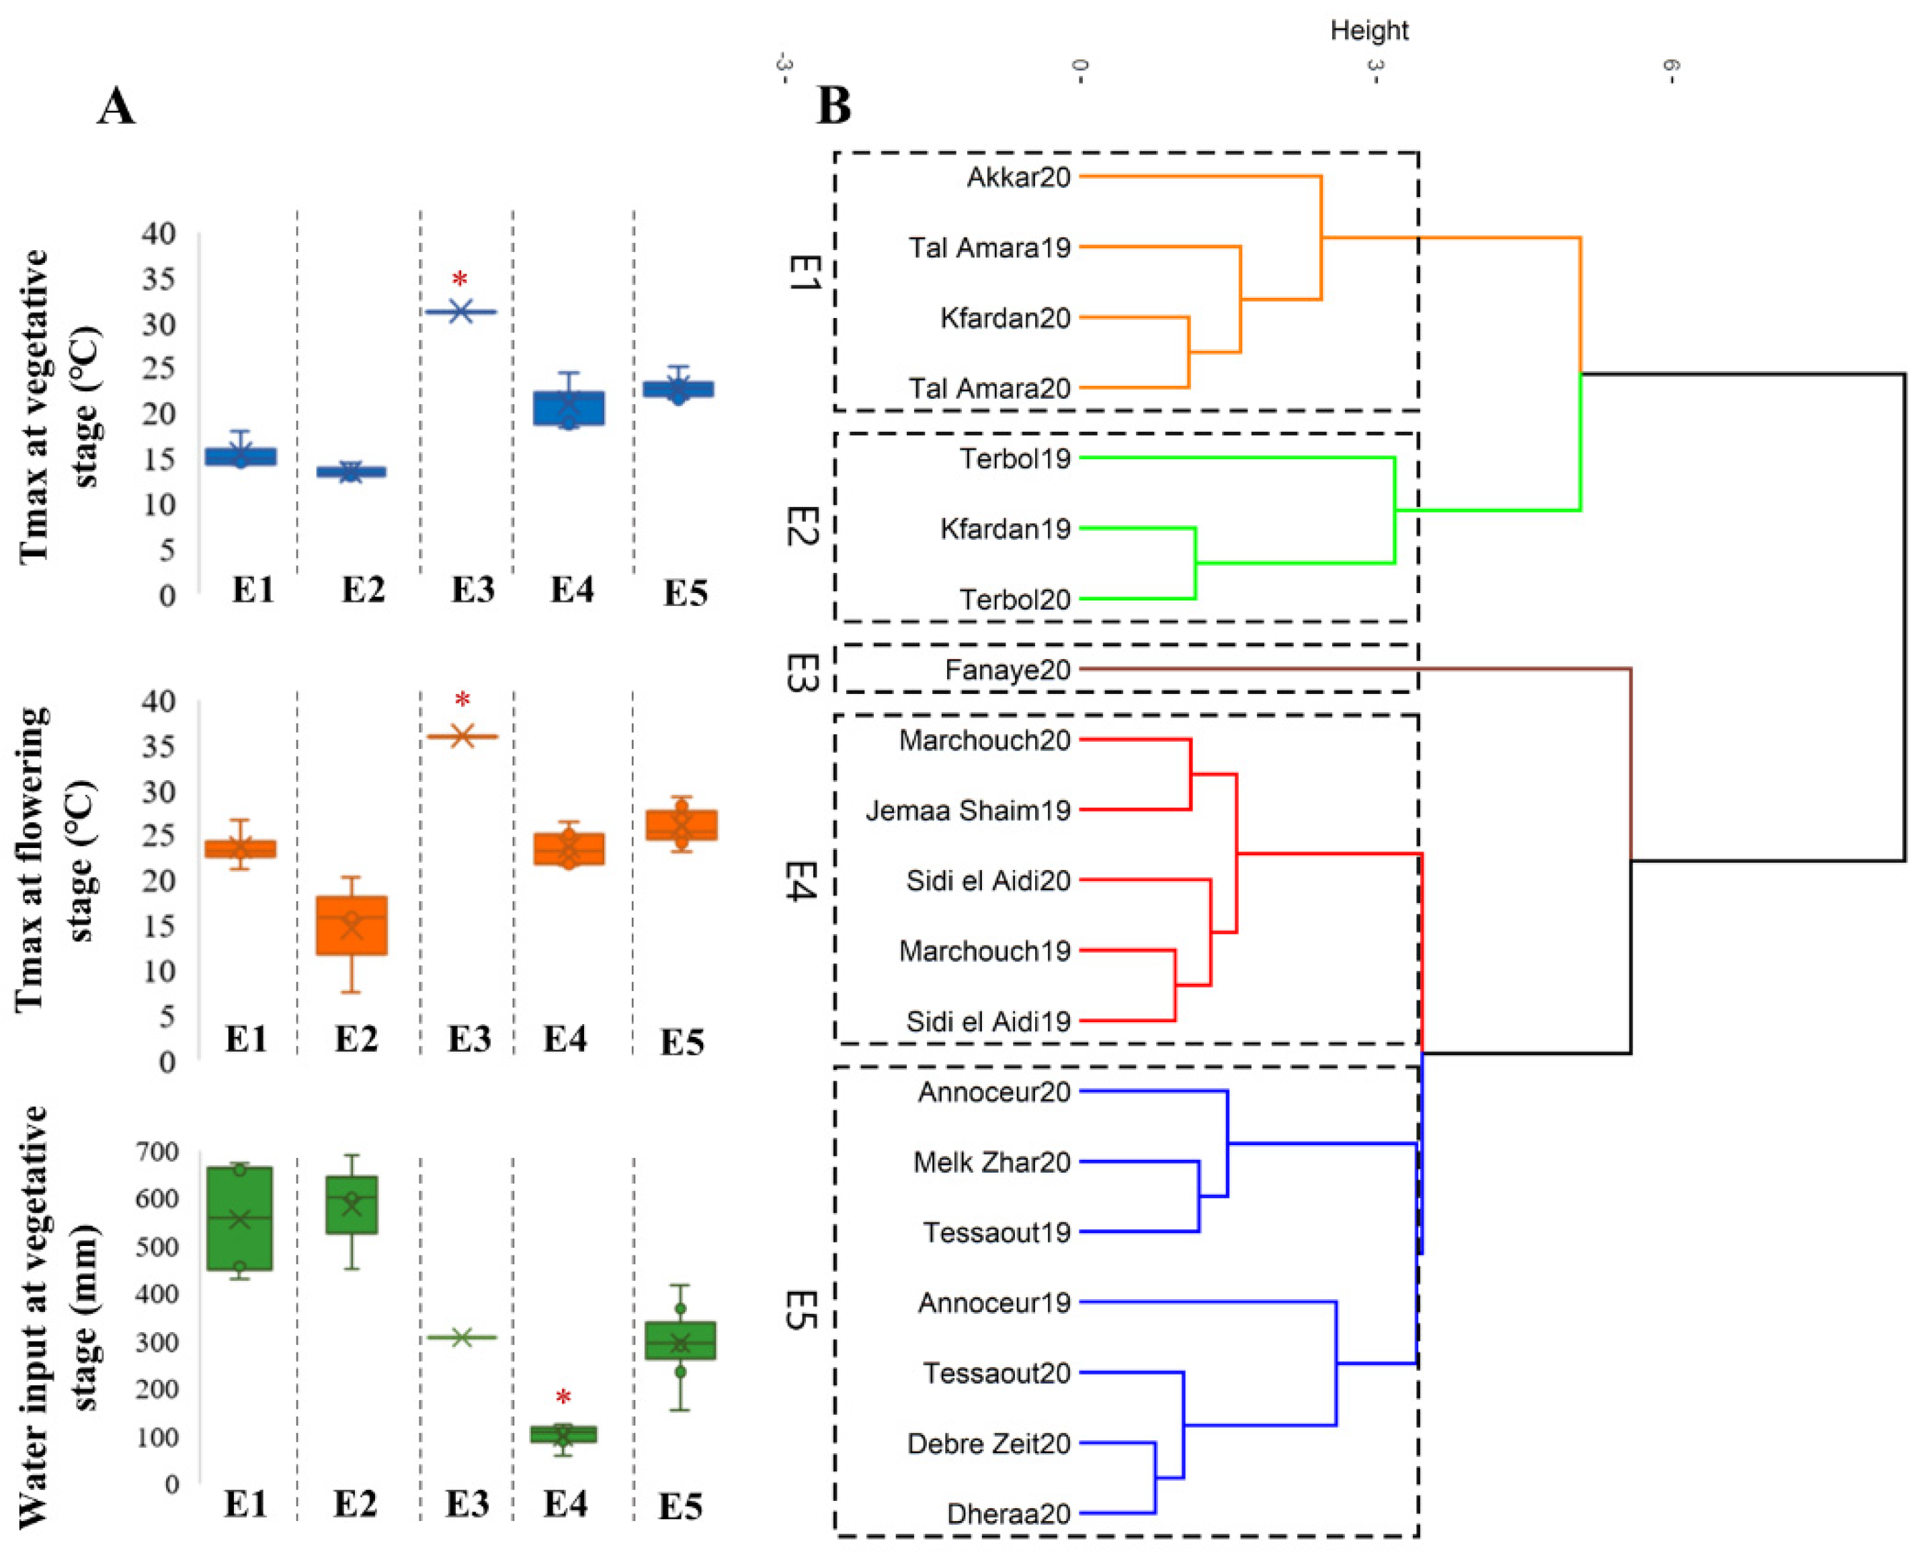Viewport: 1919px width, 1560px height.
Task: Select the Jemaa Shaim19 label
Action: coord(968,810)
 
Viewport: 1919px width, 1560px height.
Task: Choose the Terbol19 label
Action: coord(1015,459)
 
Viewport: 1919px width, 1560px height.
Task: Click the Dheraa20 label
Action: coord(1008,1514)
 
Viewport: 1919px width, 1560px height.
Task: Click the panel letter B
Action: coord(833,107)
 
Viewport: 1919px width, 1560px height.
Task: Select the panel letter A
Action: coord(116,107)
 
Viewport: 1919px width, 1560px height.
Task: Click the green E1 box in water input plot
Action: coord(239,1218)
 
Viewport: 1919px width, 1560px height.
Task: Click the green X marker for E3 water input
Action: coord(461,1338)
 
